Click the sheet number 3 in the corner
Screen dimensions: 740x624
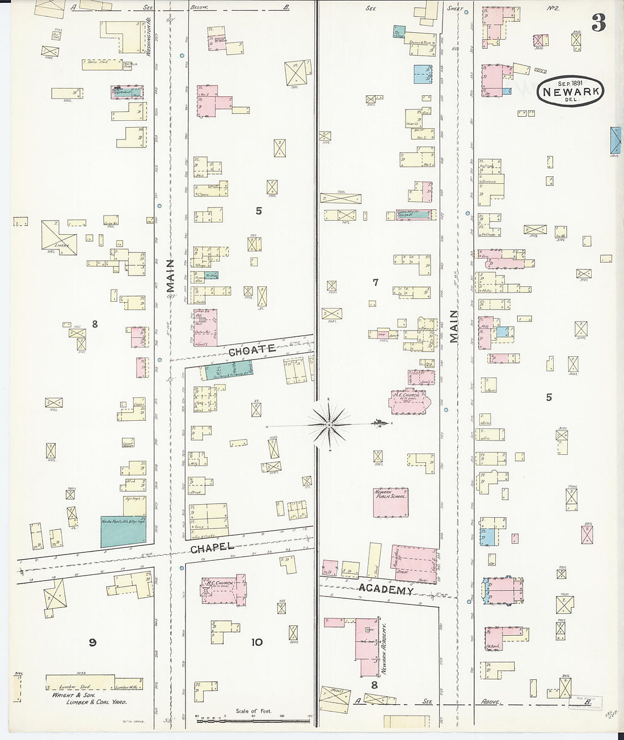click(598, 23)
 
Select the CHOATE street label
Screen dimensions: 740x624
click(252, 350)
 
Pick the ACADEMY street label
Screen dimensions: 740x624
click(385, 590)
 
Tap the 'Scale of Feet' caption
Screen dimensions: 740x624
click(253, 711)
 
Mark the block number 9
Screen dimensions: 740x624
click(92, 642)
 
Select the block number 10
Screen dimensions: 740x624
click(257, 642)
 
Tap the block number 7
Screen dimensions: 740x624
click(376, 282)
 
